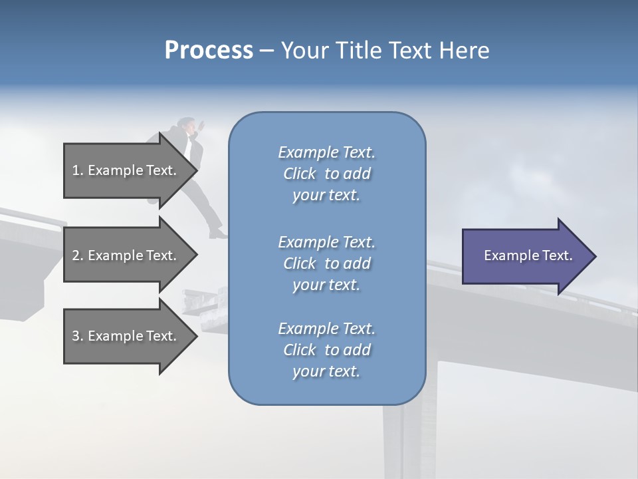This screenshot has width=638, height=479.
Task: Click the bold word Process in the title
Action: [x=209, y=51]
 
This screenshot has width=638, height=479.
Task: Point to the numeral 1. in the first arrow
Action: [x=78, y=170]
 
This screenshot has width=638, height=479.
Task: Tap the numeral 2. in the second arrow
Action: [x=78, y=255]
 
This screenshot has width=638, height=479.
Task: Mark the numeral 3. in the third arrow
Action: [x=78, y=336]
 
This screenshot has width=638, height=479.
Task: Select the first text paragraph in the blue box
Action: [x=326, y=174]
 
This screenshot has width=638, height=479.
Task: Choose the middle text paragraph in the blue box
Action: [x=326, y=263]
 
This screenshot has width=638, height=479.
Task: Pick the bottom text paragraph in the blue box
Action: [x=326, y=350]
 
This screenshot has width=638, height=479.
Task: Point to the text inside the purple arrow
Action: [x=528, y=255]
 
